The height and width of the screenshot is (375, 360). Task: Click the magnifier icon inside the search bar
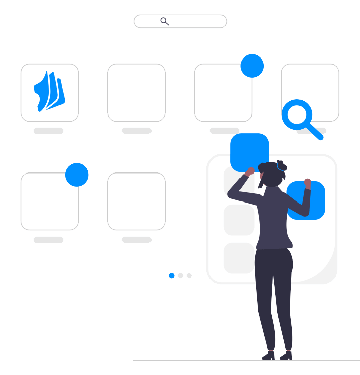point(164,21)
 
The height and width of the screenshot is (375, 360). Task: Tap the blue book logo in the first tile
point(49,92)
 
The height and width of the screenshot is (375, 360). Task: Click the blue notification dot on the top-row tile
point(252,66)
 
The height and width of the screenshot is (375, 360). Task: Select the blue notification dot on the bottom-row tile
point(77,175)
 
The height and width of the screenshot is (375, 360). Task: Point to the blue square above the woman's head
point(249,150)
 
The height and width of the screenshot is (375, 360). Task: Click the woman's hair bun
point(281,165)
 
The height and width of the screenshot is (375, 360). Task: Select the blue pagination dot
point(172,276)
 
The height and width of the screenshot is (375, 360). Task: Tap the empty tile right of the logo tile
point(136,93)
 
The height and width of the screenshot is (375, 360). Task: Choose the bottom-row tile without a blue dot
point(136,201)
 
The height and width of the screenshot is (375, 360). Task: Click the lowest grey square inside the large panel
point(239,257)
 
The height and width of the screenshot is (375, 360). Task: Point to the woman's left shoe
point(268,356)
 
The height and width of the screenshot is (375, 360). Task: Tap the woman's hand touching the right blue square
point(307,182)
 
